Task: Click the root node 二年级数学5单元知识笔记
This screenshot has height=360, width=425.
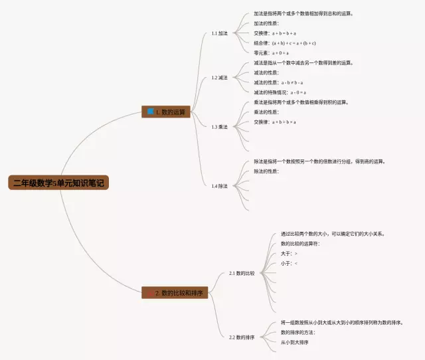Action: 57,183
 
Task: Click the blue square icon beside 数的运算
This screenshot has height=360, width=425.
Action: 151,112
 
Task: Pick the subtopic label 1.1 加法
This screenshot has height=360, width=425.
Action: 219,33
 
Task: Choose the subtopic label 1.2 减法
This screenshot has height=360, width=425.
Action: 219,78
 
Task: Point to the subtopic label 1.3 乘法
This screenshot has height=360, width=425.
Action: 219,127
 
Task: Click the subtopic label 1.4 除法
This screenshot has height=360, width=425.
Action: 219,186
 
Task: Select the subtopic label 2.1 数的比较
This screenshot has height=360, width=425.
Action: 242,273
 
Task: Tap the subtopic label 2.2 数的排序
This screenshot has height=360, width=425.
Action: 242,337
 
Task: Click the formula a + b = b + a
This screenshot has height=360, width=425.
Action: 284,33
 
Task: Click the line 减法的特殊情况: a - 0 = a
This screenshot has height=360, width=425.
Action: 280,92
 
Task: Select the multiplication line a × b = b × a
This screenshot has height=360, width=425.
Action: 284,122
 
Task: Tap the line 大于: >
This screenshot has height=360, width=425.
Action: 289,254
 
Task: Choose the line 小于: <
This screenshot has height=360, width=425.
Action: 289,264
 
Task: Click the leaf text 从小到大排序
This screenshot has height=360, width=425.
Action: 295,342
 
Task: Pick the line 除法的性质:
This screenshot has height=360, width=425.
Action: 266,171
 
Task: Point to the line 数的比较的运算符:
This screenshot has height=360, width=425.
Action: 300,244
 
